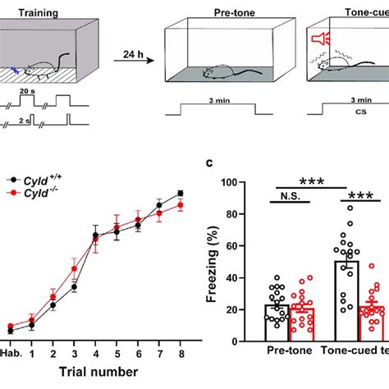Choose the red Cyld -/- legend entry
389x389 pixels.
point(36,193)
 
